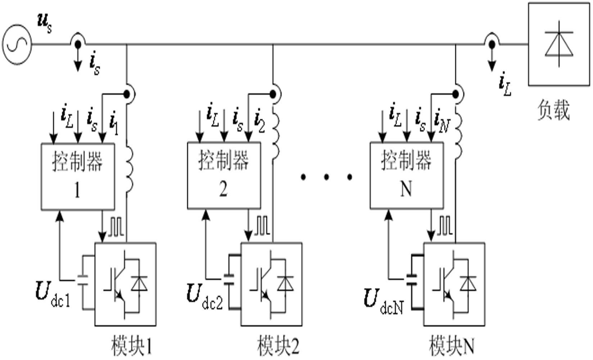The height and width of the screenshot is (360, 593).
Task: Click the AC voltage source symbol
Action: point(17,45)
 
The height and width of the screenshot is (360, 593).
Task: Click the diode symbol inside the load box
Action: point(558,44)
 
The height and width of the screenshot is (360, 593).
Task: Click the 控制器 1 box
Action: point(77,176)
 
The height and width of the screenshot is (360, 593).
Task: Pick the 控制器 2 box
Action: point(224,175)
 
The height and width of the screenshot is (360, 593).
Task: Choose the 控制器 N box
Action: point(407,175)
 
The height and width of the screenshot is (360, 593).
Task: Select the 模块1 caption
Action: point(132,346)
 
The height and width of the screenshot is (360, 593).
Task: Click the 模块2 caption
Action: point(278,346)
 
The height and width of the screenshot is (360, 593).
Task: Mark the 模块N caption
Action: point(452,346)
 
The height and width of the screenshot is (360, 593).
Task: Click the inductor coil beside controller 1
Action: point(128,169)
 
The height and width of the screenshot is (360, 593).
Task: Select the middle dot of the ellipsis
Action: point(326,177)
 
